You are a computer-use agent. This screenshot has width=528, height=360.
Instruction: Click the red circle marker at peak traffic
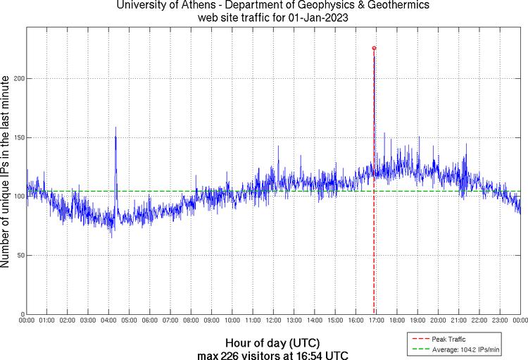[374, 48]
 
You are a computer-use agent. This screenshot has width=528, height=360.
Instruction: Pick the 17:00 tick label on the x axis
[376, 321]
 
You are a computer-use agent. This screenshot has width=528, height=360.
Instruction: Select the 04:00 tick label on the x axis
[108, 321]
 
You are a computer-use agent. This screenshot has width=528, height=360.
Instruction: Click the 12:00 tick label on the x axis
[273, 321]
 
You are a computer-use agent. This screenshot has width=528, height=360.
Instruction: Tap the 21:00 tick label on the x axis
[458, 321]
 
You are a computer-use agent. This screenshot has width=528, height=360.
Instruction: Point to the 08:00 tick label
[191, 321]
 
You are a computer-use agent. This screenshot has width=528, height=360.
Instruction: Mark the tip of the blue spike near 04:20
[115, 128]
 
